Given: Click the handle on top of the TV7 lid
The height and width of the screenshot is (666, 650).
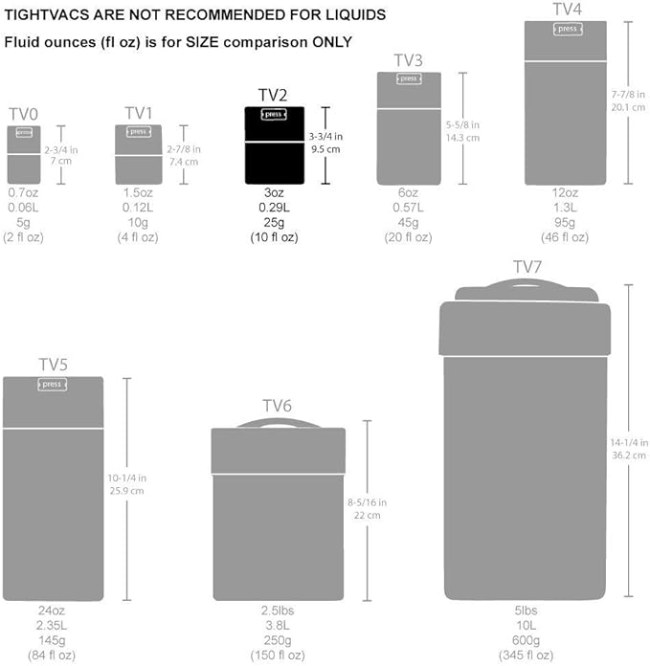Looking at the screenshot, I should pos(525,286).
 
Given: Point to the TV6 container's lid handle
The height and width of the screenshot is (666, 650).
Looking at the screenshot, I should pos(279,422).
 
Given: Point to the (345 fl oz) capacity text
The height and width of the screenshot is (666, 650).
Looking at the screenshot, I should pos(525,655).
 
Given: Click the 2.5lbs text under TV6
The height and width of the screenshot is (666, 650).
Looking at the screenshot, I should pos(277,610).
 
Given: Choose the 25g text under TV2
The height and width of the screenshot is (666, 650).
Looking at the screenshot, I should pos(276,222).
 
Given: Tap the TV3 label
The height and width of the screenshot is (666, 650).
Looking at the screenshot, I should pos(409,61).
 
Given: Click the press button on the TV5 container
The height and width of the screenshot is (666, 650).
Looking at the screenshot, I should pos(52,385).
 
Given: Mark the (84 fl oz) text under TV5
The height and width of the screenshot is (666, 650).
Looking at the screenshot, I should pos(52,655).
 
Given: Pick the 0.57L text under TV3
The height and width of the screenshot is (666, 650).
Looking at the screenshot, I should pos(409,208).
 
